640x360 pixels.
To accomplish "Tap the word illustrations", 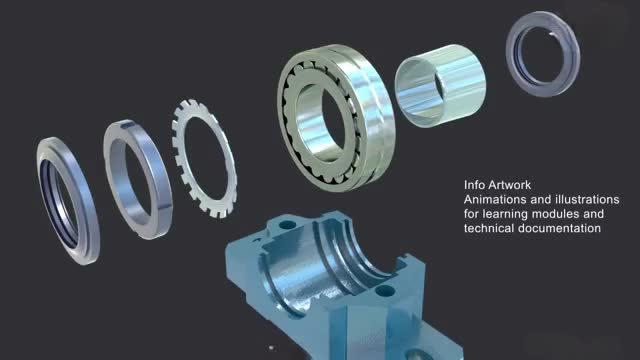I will click(589, 199).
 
